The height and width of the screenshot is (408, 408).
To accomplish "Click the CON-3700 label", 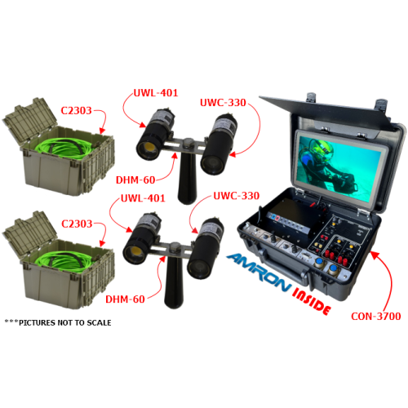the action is pyautogui.click(x=375, y=316).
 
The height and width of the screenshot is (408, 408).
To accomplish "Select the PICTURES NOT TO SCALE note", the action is pyautogui.click(x=58, y=322).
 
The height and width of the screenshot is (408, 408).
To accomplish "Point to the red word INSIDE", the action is pyautogui.click(x=312, y=302).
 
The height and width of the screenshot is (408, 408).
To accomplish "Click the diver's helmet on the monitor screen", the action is pyautogui.click(x=321, y=149).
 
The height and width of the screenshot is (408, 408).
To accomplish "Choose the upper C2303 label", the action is pyautogui.click(x=76, y=111).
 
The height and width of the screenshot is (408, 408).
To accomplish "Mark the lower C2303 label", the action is pyautogui.click(x=77, y=224).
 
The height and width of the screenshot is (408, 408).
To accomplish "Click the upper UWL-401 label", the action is pyautogui.click(x=156, y=93).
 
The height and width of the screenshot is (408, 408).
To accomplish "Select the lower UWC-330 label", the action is pyautogui.click(x=237, y=196).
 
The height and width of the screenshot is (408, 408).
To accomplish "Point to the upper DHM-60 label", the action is pyautogui.click(x=135, y=180).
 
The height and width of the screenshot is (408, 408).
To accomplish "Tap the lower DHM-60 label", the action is pyautogui.click(x=125, y=299).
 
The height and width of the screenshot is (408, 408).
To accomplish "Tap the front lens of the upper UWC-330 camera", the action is pyautogui.click(x=213, y=164).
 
